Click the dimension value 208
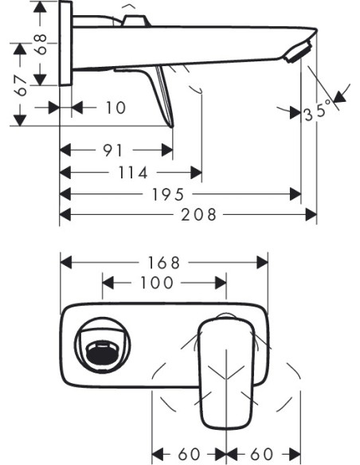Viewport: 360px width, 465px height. (x=198, y=214)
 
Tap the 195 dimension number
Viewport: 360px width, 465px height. (x=168, y=194)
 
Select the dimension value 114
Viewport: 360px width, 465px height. (x=133, y=173)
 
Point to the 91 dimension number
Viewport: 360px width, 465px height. (x=112, y=150)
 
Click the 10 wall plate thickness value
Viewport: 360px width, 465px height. (x=116, y=107)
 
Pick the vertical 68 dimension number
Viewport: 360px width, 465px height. (x=41, y=44)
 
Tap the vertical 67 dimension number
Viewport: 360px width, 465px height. (x=21, y=85)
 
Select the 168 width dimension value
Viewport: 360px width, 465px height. (x=164, y=263)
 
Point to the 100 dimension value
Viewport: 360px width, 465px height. (x=157, y=283)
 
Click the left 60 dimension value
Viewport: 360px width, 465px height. (x=189, y=454)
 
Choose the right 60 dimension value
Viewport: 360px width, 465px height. (x=262, y=454)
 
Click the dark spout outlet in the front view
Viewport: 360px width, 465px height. (x=102, y=355)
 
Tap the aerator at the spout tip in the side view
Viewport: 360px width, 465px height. (x=298, y=53)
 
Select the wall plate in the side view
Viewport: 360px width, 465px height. (x=66, y=43)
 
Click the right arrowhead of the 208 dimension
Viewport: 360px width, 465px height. (x=311, y=214)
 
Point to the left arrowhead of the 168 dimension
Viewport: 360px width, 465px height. (x=66, y=263)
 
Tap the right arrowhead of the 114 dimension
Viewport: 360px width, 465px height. (x=196, y=172)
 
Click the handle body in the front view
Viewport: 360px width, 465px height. (x=226, y=373)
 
